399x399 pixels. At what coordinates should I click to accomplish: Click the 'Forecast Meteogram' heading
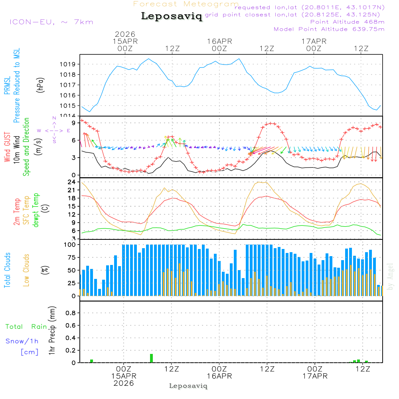tap(186, 4)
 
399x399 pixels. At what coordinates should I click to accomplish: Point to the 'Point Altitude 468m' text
tap(347, 22)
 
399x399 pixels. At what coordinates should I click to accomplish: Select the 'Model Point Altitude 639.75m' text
tap(329, 29)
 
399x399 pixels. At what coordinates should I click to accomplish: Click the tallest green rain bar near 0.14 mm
tap(152, 358)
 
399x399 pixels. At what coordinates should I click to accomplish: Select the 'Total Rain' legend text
tap(26, 327)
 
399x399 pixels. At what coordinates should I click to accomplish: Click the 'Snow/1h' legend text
tap(22, 341)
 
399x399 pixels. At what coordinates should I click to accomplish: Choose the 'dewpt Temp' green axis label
tap(36, 210)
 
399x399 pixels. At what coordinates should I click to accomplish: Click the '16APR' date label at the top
tap(219, 41)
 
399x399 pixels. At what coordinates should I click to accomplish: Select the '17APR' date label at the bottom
tap(314, 376)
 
